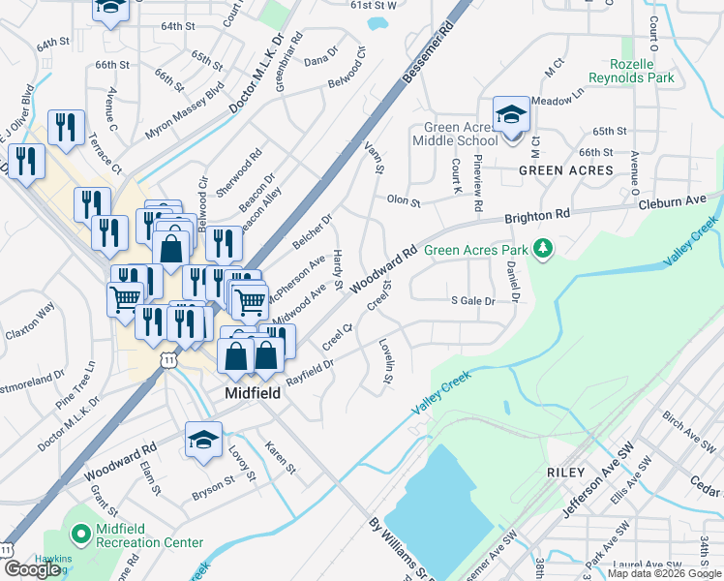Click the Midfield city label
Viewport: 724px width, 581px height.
click(254, 393)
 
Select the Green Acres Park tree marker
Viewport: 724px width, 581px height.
click(543, 250)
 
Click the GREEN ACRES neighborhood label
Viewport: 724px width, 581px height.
click(566, 170)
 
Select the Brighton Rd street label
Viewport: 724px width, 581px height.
click(537, 217)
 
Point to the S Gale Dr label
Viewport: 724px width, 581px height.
click(473, 301)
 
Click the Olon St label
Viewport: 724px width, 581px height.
click(404, 201)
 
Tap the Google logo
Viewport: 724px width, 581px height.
click(31, 569)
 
